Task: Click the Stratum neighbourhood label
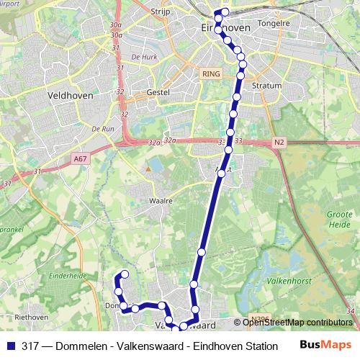click(266, 84)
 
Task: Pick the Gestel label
click(157, 92)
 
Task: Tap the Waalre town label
click(161, 201)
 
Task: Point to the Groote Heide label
click(340, 219)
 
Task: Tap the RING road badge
click(211, 73)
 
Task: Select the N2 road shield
click(279, 143)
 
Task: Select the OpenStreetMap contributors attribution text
click(297, 322)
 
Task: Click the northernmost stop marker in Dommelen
click(125, 274)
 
